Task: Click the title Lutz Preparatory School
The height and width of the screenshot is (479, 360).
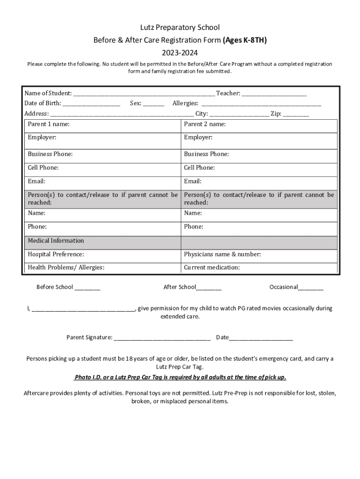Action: [180, 28]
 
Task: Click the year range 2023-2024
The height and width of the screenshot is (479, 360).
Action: [180, 53]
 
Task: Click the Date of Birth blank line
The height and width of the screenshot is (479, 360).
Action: [91, 104]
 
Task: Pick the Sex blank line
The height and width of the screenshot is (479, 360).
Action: [154, 104]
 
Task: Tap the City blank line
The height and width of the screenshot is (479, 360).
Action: [239, 114]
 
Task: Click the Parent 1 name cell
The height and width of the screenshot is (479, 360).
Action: [102, 125]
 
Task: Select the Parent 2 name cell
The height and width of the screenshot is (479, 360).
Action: [259, 125]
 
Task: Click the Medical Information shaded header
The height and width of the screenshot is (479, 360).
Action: [102, 241]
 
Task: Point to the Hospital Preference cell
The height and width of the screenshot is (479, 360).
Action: [102, 255]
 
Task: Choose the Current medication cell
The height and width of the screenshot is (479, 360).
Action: [259, 268]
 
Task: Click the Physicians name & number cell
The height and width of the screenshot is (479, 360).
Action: [259, 255]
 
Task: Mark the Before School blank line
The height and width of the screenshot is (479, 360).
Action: [87, 288]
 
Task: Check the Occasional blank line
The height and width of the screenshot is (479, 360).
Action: [310, 288]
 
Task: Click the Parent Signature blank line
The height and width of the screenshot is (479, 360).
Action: [162, 338]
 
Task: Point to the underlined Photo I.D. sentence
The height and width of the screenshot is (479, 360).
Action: [180, 377]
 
